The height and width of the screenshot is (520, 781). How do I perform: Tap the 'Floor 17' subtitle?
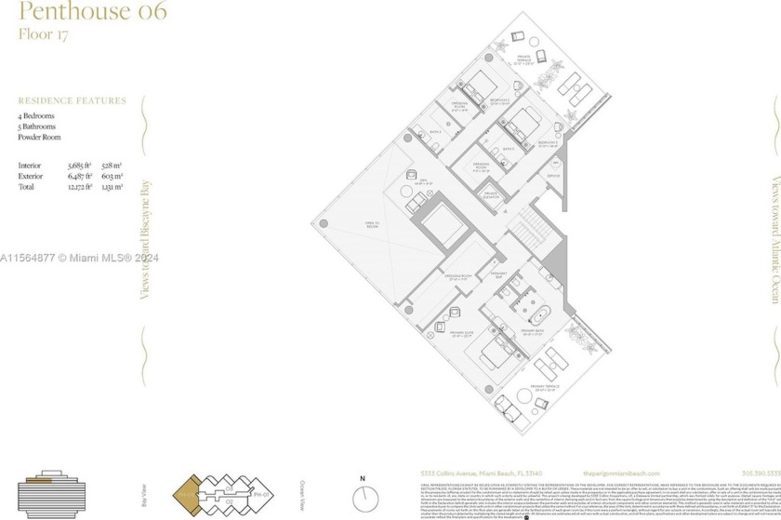[x=43, y=35]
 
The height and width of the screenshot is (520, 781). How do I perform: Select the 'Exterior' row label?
[x=31, y=175]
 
